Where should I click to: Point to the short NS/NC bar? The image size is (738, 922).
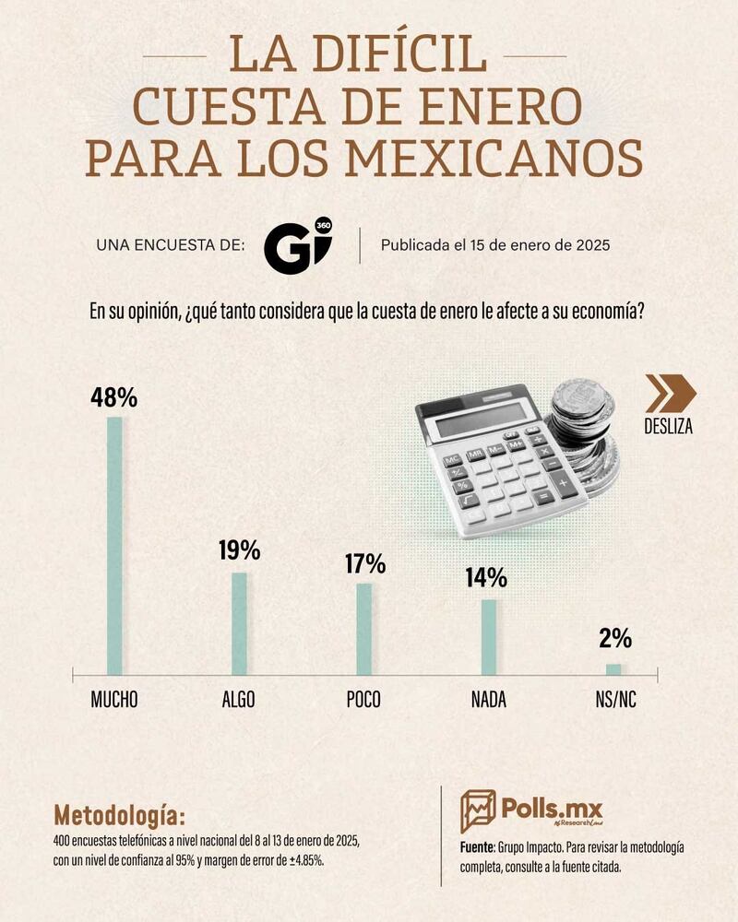613,669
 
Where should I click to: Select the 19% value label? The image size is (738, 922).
239,551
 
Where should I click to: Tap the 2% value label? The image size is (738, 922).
614,638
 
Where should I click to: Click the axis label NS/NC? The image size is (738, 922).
614,699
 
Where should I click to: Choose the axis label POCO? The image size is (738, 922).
363,699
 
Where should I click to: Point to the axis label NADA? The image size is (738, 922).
488,699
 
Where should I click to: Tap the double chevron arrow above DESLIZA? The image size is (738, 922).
670,394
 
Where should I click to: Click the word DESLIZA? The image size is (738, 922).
669,427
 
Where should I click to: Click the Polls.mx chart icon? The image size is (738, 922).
478,810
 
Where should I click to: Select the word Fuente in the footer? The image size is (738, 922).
476,846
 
